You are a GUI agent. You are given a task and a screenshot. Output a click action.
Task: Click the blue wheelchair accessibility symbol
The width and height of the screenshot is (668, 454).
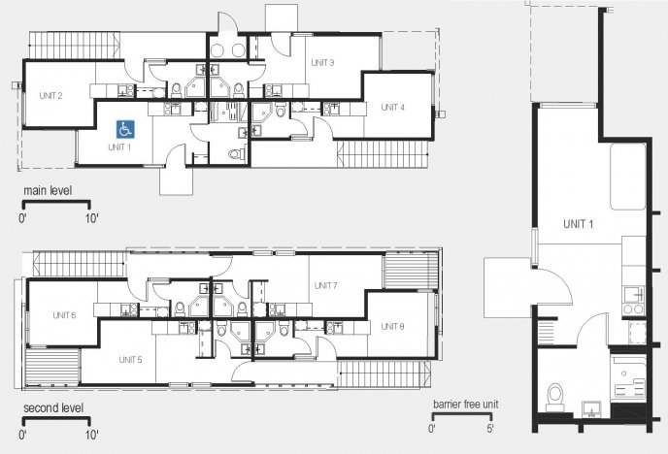125,129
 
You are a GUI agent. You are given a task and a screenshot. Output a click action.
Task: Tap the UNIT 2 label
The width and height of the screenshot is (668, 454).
50,96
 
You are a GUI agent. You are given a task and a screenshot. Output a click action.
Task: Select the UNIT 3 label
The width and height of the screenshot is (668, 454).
322,63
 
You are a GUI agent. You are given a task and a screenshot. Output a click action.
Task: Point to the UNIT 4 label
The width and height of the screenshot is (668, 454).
392,108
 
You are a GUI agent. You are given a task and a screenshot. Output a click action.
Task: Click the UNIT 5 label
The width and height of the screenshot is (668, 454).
130,360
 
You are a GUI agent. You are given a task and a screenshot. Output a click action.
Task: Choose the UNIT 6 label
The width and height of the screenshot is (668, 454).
64,315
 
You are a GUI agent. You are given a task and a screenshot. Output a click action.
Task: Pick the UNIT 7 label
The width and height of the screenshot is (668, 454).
325,285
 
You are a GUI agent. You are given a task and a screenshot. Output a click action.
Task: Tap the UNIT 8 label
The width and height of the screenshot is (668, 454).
392,326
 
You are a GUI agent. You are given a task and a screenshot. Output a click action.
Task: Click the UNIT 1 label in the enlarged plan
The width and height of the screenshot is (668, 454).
578,224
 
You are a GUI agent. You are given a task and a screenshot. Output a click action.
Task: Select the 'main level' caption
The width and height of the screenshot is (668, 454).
48,190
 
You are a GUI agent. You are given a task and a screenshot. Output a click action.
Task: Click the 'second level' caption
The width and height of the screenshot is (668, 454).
53,407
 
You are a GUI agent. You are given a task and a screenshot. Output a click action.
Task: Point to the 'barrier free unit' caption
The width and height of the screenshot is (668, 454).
466,404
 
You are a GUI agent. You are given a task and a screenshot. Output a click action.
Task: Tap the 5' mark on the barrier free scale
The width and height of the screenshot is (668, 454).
490,429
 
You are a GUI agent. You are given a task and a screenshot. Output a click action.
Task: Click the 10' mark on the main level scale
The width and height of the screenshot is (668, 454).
91,218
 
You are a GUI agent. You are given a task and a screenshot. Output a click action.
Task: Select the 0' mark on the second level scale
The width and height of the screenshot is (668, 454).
22,435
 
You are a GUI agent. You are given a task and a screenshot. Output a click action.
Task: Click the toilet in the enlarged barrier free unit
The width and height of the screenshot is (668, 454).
555,398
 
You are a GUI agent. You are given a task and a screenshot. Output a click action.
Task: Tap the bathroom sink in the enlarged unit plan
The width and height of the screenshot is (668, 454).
591,409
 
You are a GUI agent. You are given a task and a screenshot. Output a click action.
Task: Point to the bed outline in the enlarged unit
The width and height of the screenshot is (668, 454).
628,177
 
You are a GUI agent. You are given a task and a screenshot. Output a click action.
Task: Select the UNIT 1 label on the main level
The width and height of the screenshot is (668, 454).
119,147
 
